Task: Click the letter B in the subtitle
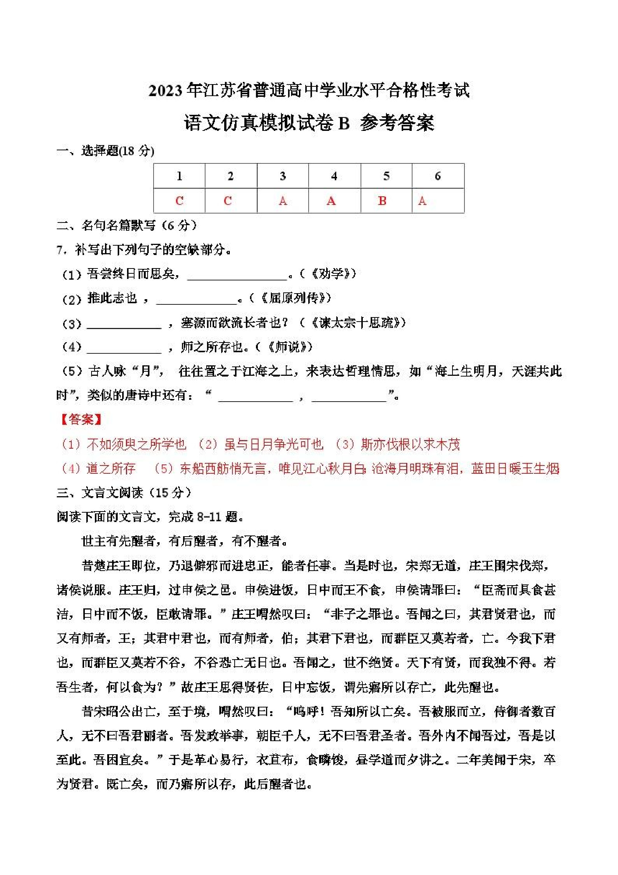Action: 343,123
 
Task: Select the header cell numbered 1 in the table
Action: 179,176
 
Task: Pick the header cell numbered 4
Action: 334,176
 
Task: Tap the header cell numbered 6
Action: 438,176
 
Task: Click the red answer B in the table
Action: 382,201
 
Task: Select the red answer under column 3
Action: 282,201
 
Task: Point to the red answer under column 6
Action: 422,201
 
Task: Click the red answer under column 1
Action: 179,201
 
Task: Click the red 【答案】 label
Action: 81,420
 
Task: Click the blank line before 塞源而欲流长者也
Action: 124,326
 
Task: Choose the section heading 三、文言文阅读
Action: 124,493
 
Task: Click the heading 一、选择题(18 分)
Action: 105,151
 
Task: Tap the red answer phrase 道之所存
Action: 111,469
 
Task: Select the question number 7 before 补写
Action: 60,250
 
